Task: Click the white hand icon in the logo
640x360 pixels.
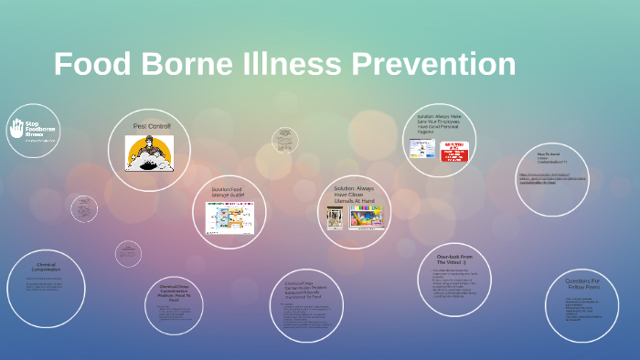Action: pos(16,129)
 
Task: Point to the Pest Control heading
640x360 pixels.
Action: pos(152,125)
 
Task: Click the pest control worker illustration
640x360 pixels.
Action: pos(149,153)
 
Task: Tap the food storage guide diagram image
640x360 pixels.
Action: pos(229,218)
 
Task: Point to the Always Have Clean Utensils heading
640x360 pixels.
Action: pos(354,192)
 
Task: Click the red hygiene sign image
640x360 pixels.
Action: pos(454,152)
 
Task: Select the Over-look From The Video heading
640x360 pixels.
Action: pos(454,259)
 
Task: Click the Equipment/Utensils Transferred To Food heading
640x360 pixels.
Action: pos(306,290)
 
